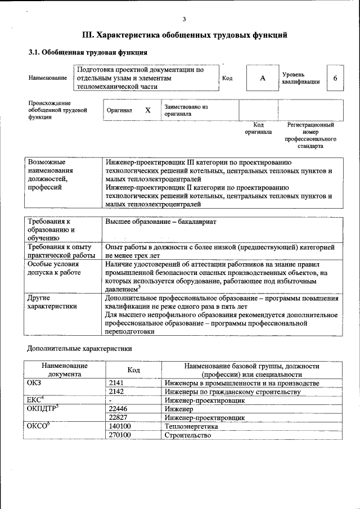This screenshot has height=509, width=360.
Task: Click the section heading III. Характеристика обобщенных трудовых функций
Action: point(184,35)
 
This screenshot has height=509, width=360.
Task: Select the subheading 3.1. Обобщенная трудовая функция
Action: point(88,53)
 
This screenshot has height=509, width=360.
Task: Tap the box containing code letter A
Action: point(262,78)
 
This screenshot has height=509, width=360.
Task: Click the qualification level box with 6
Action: point(335,78)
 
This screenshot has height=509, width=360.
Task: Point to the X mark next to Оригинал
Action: point(148,110)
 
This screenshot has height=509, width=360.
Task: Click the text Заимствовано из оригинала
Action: point(186,110)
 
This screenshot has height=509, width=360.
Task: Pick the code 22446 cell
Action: point(119,410)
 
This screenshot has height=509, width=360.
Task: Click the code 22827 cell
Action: point(119,418)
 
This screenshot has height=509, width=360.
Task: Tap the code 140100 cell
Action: point(120,427)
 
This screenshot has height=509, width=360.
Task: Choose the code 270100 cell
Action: point(120,435)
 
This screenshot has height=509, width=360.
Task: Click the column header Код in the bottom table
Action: point(133,370)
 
